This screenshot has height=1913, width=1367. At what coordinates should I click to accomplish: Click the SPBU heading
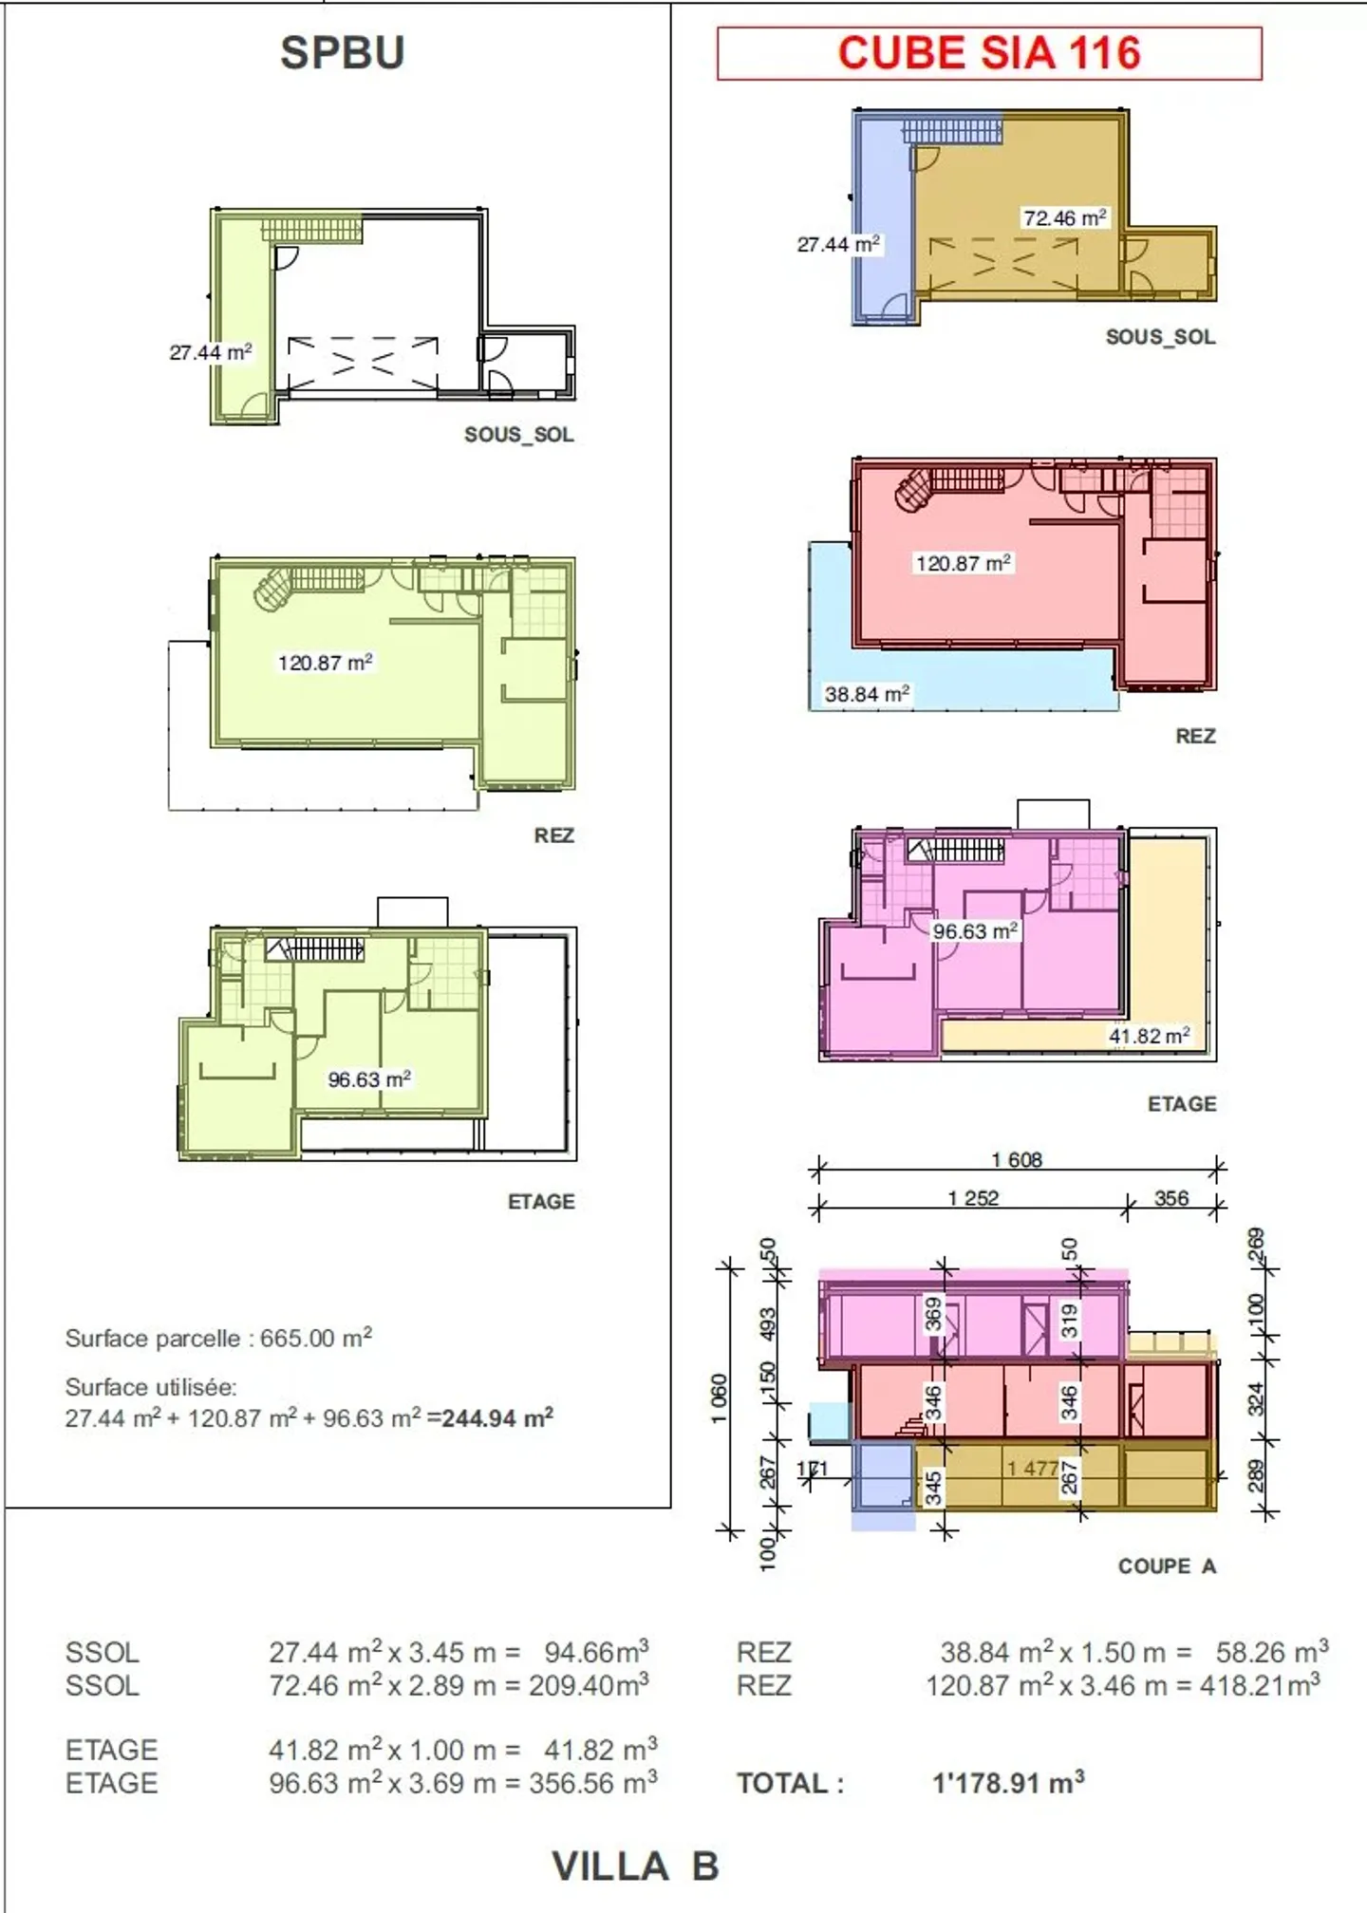(342, 52)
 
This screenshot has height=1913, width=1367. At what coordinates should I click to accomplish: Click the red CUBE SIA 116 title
(988, 53)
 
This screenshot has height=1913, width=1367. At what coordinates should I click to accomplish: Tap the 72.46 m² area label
(1064, 218)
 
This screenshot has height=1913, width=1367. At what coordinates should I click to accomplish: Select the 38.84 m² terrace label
(867, 694)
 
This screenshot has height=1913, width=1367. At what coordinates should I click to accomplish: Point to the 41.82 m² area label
(1149, 1036)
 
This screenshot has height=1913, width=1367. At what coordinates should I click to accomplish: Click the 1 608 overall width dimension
(1017, 1159)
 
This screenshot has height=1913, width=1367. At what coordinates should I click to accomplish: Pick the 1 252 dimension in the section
(973, 1198)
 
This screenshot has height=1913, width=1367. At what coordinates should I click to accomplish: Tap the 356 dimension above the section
(1171, 1198)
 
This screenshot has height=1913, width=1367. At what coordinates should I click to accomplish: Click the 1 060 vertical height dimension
(720, 1398)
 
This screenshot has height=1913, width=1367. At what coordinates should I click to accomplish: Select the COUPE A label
(1167, 1566)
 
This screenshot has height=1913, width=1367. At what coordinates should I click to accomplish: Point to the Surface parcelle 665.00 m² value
(315, 1338)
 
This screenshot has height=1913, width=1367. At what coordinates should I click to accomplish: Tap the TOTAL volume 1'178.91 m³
(1008, 1783)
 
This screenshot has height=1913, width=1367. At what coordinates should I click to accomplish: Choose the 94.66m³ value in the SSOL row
(596, 1652)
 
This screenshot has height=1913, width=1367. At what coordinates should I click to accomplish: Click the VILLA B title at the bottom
(635, 1866)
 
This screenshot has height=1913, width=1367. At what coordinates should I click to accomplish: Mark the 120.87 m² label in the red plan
(963, 563)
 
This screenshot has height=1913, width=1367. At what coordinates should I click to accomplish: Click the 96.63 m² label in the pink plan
(975, 931)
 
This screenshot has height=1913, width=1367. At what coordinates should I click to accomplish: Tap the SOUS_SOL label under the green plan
(518, 435)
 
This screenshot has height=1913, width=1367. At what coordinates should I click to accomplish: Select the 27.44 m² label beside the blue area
(838, 245)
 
